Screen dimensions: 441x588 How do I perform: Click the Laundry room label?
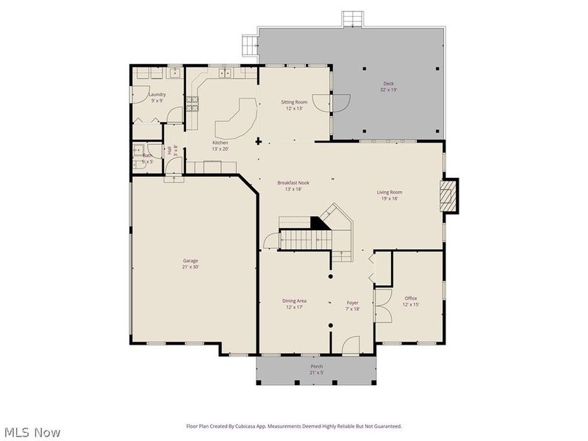click(157, 94)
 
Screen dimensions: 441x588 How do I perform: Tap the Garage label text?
click(190, 260)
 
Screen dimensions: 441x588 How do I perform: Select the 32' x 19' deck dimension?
click(388, 90)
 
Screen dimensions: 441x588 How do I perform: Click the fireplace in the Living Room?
click(447, 196)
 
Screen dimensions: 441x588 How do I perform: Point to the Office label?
click(410, 298)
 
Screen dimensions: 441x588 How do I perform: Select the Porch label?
click(316, 366)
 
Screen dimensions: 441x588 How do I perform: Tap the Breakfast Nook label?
click(290, 182)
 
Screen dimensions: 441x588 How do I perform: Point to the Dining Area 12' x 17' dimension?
click(294, 306)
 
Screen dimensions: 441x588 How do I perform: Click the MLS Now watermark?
click(32, 432)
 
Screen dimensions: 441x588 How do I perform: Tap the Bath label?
click(147, 155)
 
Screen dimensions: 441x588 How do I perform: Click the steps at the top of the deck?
click(352, 19)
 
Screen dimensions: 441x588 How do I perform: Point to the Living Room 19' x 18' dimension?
click(390, 198)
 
